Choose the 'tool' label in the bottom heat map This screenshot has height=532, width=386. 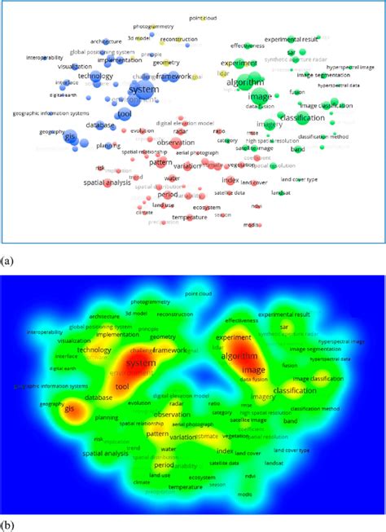click(122, 386)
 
